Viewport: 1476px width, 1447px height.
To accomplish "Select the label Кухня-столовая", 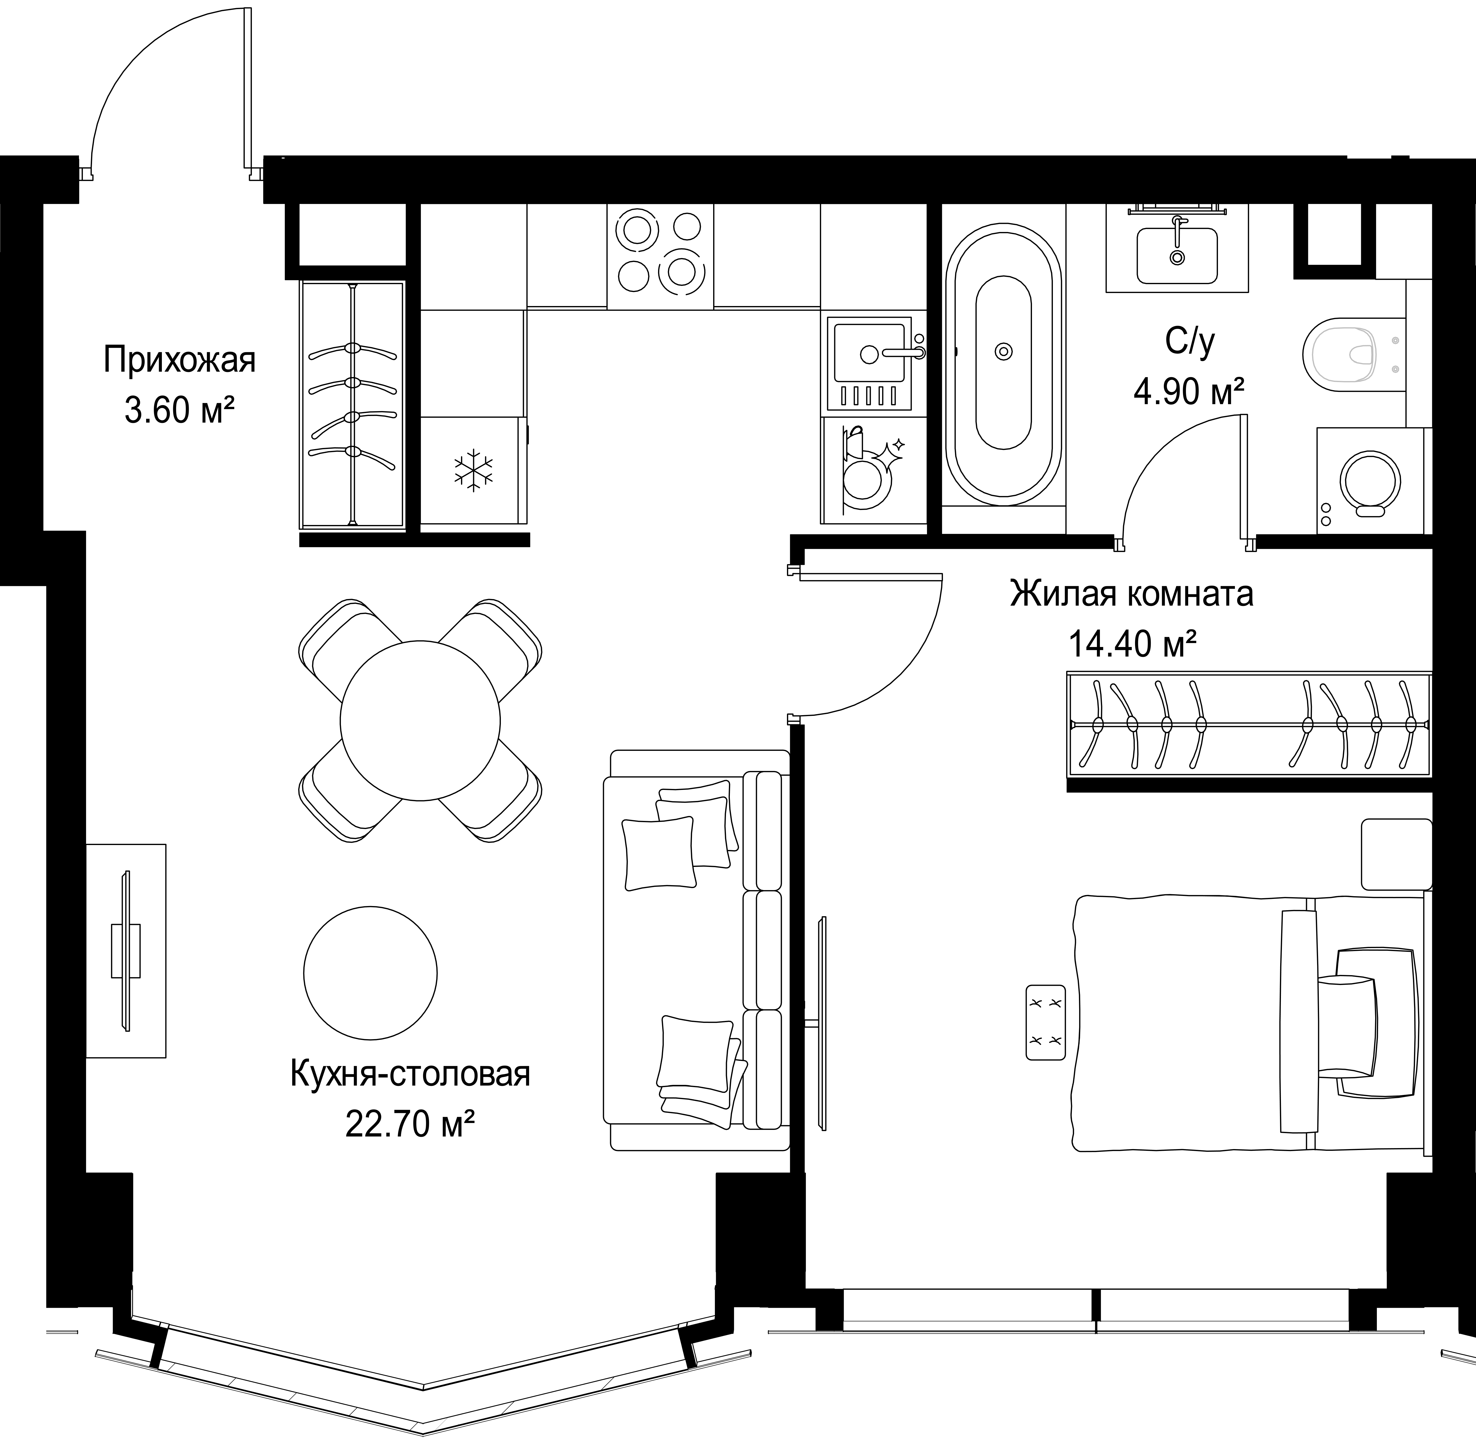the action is click(410, 1075).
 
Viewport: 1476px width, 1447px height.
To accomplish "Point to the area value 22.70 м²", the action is click(410, 1124).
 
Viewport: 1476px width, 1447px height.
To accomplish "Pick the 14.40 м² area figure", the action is click(1133, 645).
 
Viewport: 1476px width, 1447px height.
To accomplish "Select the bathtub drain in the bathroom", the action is click(1003, 351).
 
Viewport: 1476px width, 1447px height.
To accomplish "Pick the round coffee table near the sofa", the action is click(370, 973).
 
